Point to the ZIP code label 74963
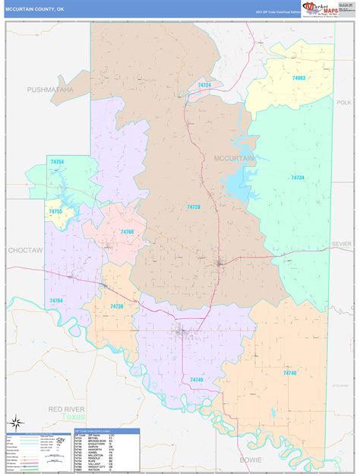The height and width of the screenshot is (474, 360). coord(298,77)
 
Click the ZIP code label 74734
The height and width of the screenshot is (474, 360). coord(298,177)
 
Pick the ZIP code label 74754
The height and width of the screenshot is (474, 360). coord(57,161)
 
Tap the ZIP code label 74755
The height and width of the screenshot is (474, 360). coord(55,211)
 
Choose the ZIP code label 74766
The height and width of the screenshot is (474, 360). coord(127,232)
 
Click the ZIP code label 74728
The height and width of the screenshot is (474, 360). coord(194,207)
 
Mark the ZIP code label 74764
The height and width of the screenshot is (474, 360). coord(56,301)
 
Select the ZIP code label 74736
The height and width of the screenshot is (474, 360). coord(116,305)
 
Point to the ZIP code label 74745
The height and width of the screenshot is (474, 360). coord(197,378)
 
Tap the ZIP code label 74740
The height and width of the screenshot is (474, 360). coord(289,373)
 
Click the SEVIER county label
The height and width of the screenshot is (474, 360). coord(342,244)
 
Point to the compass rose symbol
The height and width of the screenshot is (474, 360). coord(14,421)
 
